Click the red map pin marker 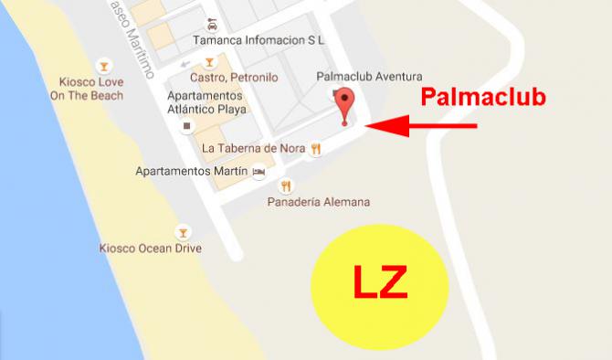coord(344,102)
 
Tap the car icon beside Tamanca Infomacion coord(213,23)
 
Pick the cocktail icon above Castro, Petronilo coord(209,62)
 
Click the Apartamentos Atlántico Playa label coord(206,102)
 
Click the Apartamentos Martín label coord(190,171)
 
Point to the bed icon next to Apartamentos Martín coord(259,171)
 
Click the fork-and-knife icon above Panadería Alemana coord(286,185)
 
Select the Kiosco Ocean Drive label coord(150,248)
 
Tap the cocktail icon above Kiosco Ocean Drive coord(183,230)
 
